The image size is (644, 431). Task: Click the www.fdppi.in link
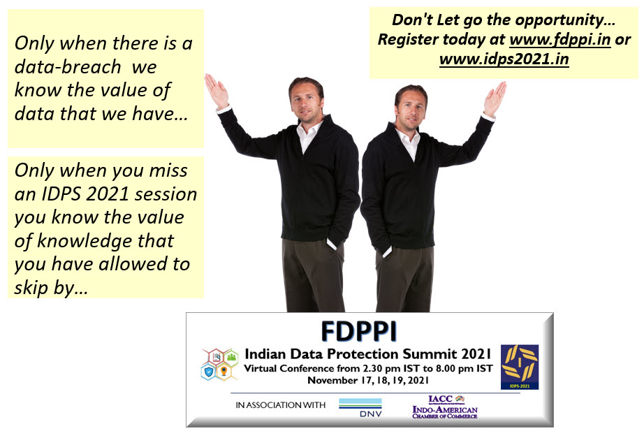point(559,40)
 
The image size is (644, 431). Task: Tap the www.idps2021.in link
point(504,59)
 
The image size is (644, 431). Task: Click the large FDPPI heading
point(359,332)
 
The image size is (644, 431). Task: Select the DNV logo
point(360,407)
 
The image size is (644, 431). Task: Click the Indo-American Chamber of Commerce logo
point(445,407)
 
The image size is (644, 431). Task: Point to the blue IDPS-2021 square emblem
point(520,367)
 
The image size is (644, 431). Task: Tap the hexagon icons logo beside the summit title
point(220,364)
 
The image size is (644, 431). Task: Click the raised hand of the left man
point(216,91)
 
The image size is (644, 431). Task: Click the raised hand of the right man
point(495,98)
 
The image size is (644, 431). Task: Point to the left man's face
point(305,102)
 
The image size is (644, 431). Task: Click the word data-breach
point(68,67)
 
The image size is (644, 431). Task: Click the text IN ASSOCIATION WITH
point(281,405)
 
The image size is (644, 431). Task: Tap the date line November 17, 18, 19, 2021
point(368,381)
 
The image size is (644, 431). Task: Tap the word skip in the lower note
point(31,288)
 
